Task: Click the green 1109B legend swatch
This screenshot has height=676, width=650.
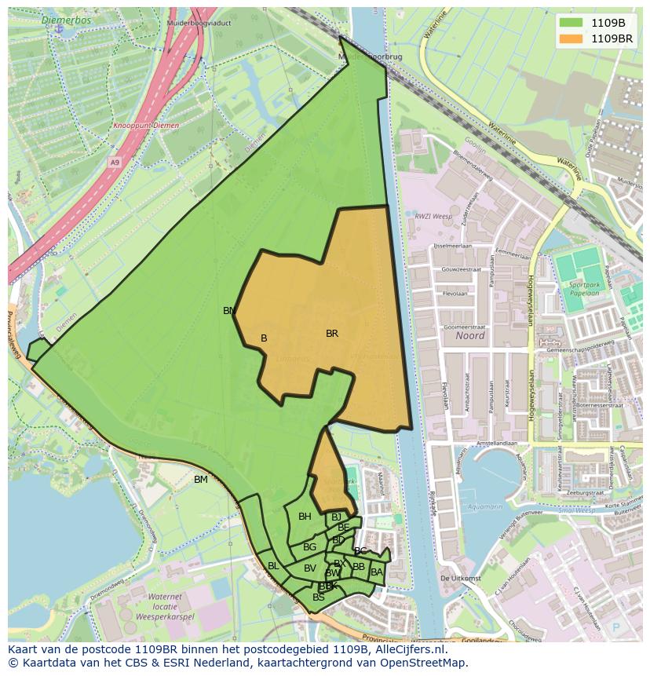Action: tap(571, 23)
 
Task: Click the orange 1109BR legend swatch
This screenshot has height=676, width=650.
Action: tap(571, 38)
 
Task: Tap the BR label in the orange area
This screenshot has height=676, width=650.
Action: tap(332, 334)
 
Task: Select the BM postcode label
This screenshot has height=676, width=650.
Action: tap(201, 480)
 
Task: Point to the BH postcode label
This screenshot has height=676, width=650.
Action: tap(305, 517)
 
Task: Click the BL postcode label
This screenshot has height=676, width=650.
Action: tap(273, 566)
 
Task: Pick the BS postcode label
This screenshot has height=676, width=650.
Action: tap(319, 597)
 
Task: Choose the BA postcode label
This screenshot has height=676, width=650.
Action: tap(377, 572)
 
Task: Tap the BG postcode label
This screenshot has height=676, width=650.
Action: tap(309, 547)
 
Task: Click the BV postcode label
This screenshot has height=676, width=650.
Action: tap(310, 568)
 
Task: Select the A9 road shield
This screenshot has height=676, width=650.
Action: tap(115, 163)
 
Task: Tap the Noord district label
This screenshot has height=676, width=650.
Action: tap(469, 335)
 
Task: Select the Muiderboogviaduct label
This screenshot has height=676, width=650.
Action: tap(199, 24)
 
